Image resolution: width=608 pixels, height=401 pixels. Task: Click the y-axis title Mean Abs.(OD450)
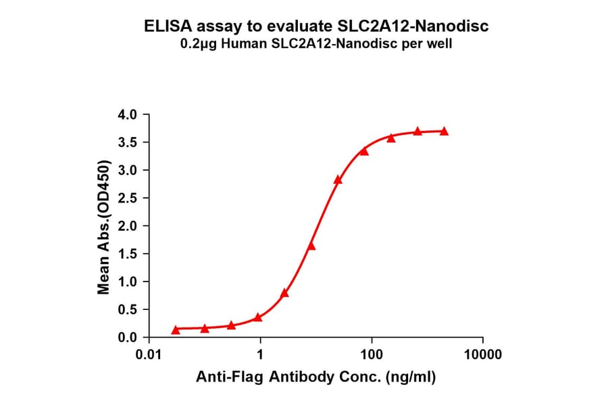pyautogui.click(x=104, y=227)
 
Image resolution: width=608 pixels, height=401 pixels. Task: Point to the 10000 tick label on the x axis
pyautogui.click(x=482, y=354)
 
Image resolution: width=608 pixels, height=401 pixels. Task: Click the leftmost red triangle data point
pyautogui.click(x=176, y=329)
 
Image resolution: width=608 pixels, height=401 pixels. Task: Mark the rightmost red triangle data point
pyautogui.click(x=444, y=131)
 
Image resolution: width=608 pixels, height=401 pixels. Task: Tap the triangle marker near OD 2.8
pyautogui.click(x=338, y=180)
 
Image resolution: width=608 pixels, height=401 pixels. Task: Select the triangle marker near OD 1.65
pyautogui.click(x=311, y=246)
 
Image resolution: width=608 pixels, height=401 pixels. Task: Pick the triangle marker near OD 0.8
pyautogui.click(x=284, y=293)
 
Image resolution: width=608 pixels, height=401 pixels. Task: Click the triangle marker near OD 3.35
pyautogui.click(x=364, y=151)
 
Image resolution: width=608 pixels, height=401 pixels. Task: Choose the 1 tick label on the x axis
pyautogui.click(x=260, y=354)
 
